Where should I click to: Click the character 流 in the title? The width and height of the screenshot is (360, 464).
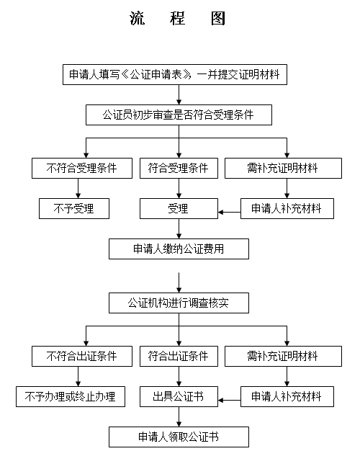(138, 18)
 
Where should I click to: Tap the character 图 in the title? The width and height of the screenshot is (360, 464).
(218, 18)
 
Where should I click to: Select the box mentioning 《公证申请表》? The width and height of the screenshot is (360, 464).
(175, 75)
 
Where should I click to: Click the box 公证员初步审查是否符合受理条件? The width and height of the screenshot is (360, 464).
(179, 115)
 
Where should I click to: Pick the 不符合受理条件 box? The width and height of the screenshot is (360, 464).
(82, 168)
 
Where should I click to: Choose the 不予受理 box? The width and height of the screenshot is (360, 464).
(74, 209)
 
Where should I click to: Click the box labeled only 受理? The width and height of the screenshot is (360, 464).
(179, 209)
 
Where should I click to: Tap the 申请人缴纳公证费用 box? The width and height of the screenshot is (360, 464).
(179, 249)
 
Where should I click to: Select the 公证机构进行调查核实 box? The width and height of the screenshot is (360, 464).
(179, 303)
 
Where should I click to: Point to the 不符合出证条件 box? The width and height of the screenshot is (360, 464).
(82, 356)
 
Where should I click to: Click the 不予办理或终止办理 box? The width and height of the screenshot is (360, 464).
(71, 396)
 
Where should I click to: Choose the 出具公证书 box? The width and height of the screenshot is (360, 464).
(179, 396)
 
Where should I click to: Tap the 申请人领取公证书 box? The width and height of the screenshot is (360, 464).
(179, 437)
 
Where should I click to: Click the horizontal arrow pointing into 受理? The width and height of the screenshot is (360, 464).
(229, 212)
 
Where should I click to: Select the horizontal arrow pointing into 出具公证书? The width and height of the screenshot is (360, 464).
(229, 401)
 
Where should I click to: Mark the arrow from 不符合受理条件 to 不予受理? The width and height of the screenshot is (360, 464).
(78, 188)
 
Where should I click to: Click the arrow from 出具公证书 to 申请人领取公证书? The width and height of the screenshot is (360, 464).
(179, 416)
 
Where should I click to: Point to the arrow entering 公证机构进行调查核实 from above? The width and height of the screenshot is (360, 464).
(179, 282)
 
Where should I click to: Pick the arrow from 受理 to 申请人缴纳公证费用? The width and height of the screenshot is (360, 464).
(179, 228)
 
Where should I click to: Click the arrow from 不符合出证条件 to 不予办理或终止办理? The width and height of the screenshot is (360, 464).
(78, 376)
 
